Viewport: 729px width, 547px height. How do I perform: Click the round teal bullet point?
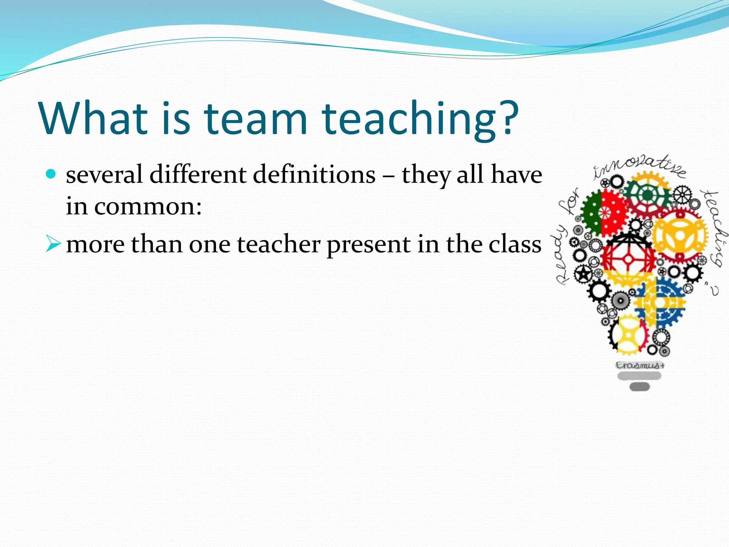pos(51,174)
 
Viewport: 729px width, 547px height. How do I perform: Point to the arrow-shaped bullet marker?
pos(53,245)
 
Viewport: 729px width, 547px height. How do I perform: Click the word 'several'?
pos(104,174)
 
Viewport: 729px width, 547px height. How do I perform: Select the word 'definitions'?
pos(314,174)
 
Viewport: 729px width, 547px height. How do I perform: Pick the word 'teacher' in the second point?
pos(279,245)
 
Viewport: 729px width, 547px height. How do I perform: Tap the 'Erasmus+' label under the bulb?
pos(640,365)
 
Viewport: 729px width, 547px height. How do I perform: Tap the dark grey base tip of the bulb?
pos(639,387)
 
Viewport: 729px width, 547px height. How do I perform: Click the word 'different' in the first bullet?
pos(198,174)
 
